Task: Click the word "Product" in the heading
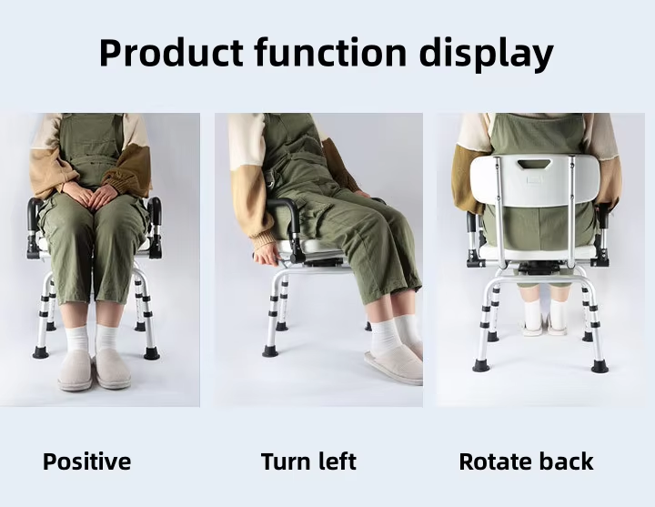(x=170, y=52)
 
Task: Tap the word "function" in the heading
(x=330, y=52)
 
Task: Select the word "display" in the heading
(x=486, y=54)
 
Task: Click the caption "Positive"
(x=87, y=461)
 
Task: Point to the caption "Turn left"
(x=308, y=461)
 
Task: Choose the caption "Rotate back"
(x=526, y=461)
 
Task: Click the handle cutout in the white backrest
(x=534, y=164)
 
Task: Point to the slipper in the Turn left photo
(x=394, y=365)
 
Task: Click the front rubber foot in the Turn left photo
(x=270, y=350)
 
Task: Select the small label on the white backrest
(x=534, y=179)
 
